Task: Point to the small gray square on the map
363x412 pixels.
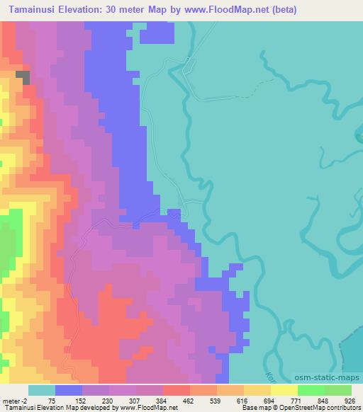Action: pyautogui.click(x=23, y=78)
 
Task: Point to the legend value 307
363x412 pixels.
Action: pyautogui.click(x=135, y=401)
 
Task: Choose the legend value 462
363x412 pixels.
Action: pyautogui.click(x=190, y=401)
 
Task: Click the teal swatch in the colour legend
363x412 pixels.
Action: pyautogui.click(x=41, y=390)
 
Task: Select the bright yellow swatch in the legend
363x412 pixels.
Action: pyautogui.click(x=283, y=390)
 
